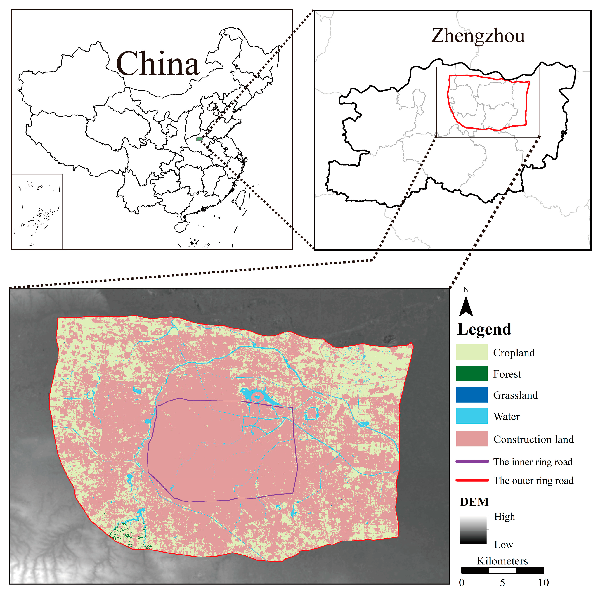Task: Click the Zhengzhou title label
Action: [x=478, y=36]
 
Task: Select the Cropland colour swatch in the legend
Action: [x=472, y=352]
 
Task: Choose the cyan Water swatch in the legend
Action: [x=472, y=416]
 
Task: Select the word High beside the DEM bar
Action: [x=505, y=517]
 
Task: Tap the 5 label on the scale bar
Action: [x=502, y=583]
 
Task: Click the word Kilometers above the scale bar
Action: [x=502, y=561]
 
